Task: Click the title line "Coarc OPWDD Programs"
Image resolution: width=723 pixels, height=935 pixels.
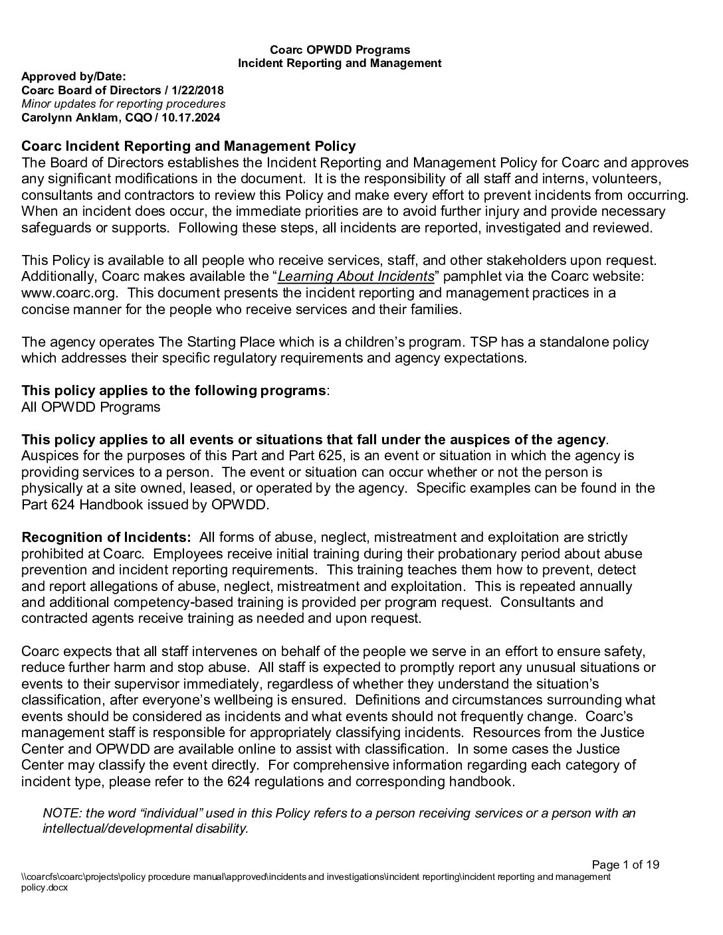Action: click(x=340, y=50)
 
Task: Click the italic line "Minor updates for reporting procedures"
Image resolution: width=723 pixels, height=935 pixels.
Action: click(x=123, y=104)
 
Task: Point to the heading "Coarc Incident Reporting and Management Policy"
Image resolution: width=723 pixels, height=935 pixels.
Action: click(x=189, y=146)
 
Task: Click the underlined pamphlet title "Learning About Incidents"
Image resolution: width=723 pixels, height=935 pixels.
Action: click(x=356, y=276)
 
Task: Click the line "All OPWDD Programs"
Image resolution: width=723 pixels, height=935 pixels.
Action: click(x=90, y=407)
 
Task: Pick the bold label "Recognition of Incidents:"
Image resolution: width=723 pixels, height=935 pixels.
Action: click(x=106, y=537)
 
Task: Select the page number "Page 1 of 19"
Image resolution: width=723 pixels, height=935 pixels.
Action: click(x=625, y=865)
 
